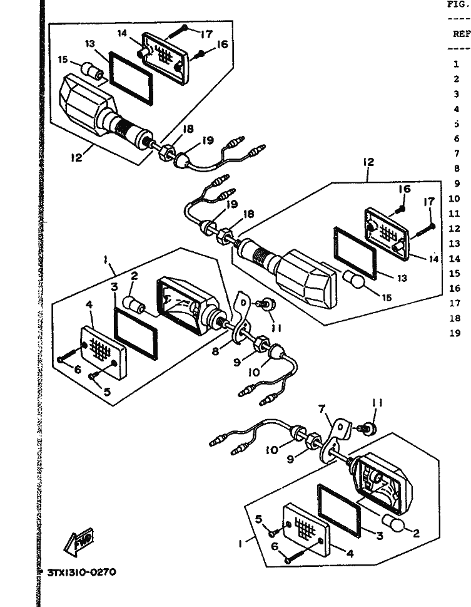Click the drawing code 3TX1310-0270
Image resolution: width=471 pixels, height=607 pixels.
pyautogui.click(x=82, y=572)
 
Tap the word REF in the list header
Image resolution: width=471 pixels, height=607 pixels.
pyautogui.click(x=460, y=34)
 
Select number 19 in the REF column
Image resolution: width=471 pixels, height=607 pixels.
pyautogui.click(x=455, y=333)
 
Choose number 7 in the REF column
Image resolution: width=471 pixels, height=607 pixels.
pyautogui.click(x=457, y=153)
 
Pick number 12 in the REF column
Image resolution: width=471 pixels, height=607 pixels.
pyautogui.click(x=455, y=229)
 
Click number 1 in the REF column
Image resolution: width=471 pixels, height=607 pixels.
pyautogui.click(x=457, y=63)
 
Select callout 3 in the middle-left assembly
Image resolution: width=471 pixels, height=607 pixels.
pyautogui.click(x=114, y=287)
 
